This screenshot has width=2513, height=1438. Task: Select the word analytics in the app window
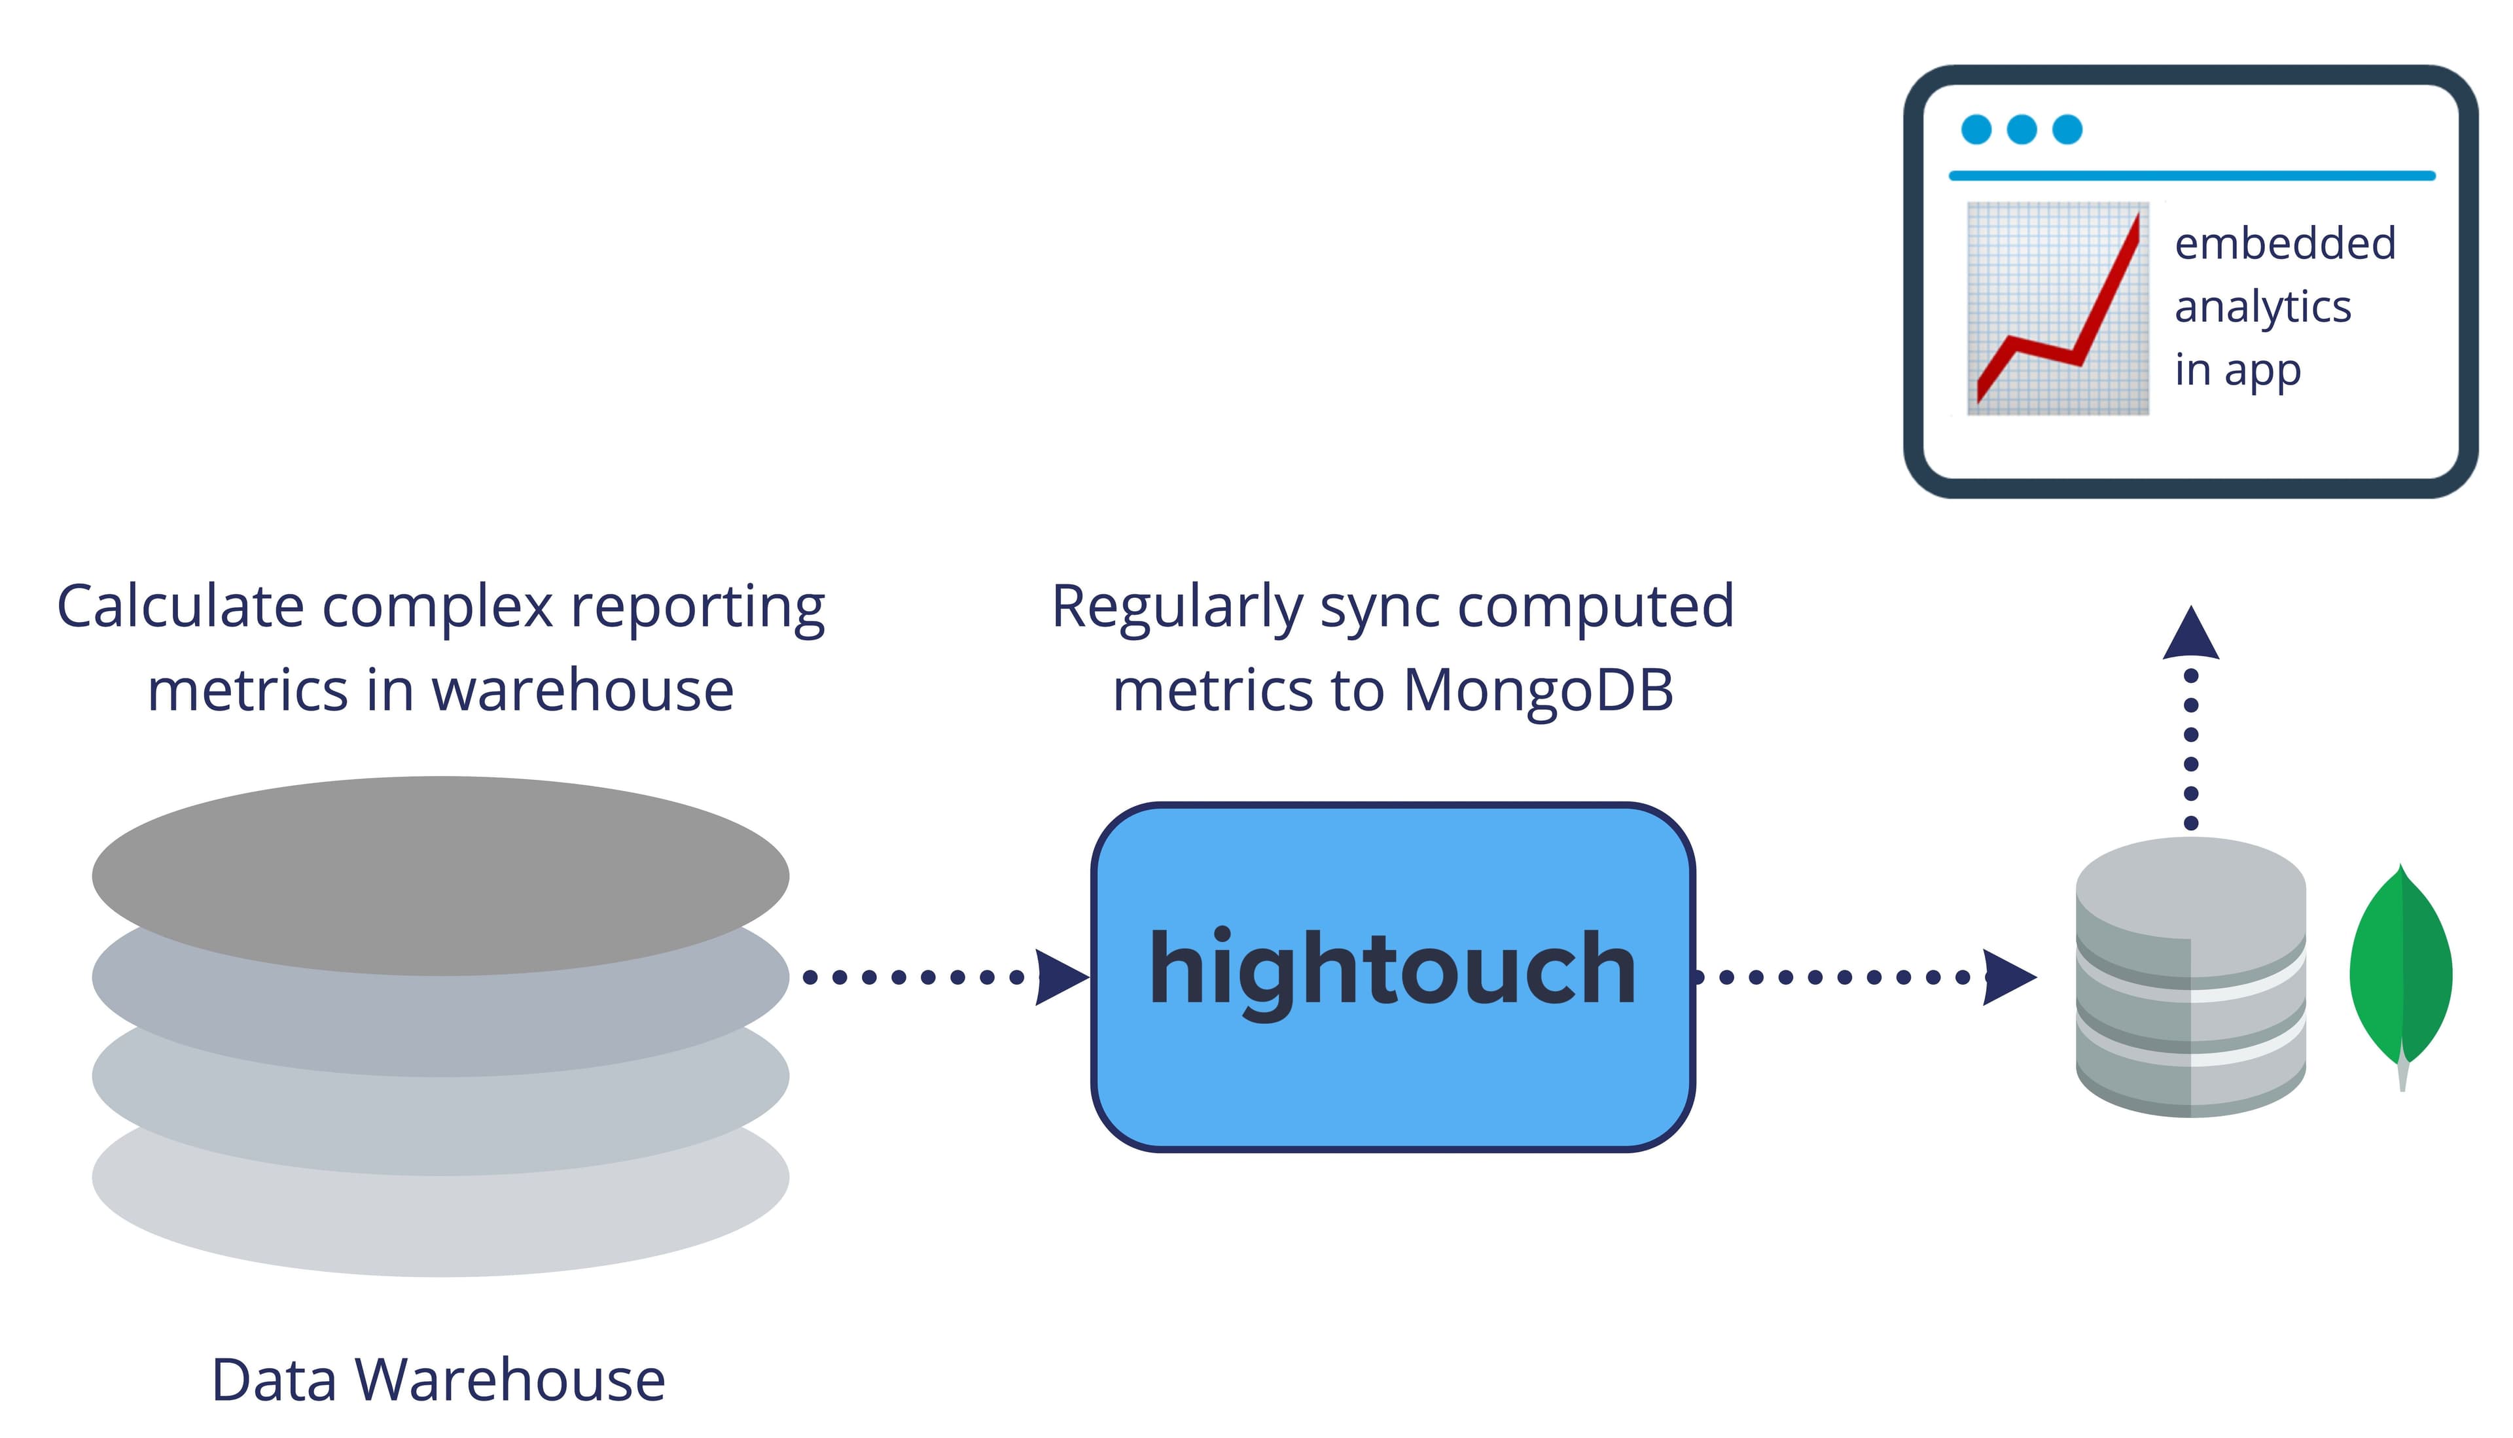(x=2262, y=307)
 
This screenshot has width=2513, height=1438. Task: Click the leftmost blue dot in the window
(x=1976, y=130)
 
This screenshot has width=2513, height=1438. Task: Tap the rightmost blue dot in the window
(x=2067, y=130)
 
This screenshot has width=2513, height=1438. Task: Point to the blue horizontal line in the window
(x=2191, y=176)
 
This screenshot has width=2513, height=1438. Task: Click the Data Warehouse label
(x=438, y=1380)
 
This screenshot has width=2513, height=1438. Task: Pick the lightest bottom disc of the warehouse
(x=440, y=1229)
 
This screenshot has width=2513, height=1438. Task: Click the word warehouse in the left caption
(x=583, y=690)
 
